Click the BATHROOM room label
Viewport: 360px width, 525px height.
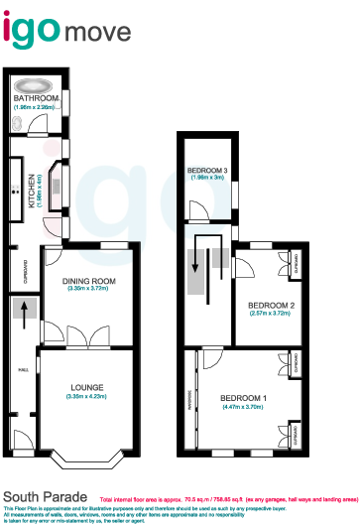coord(36,99)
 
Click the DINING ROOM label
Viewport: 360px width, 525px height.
coord(90,281)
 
